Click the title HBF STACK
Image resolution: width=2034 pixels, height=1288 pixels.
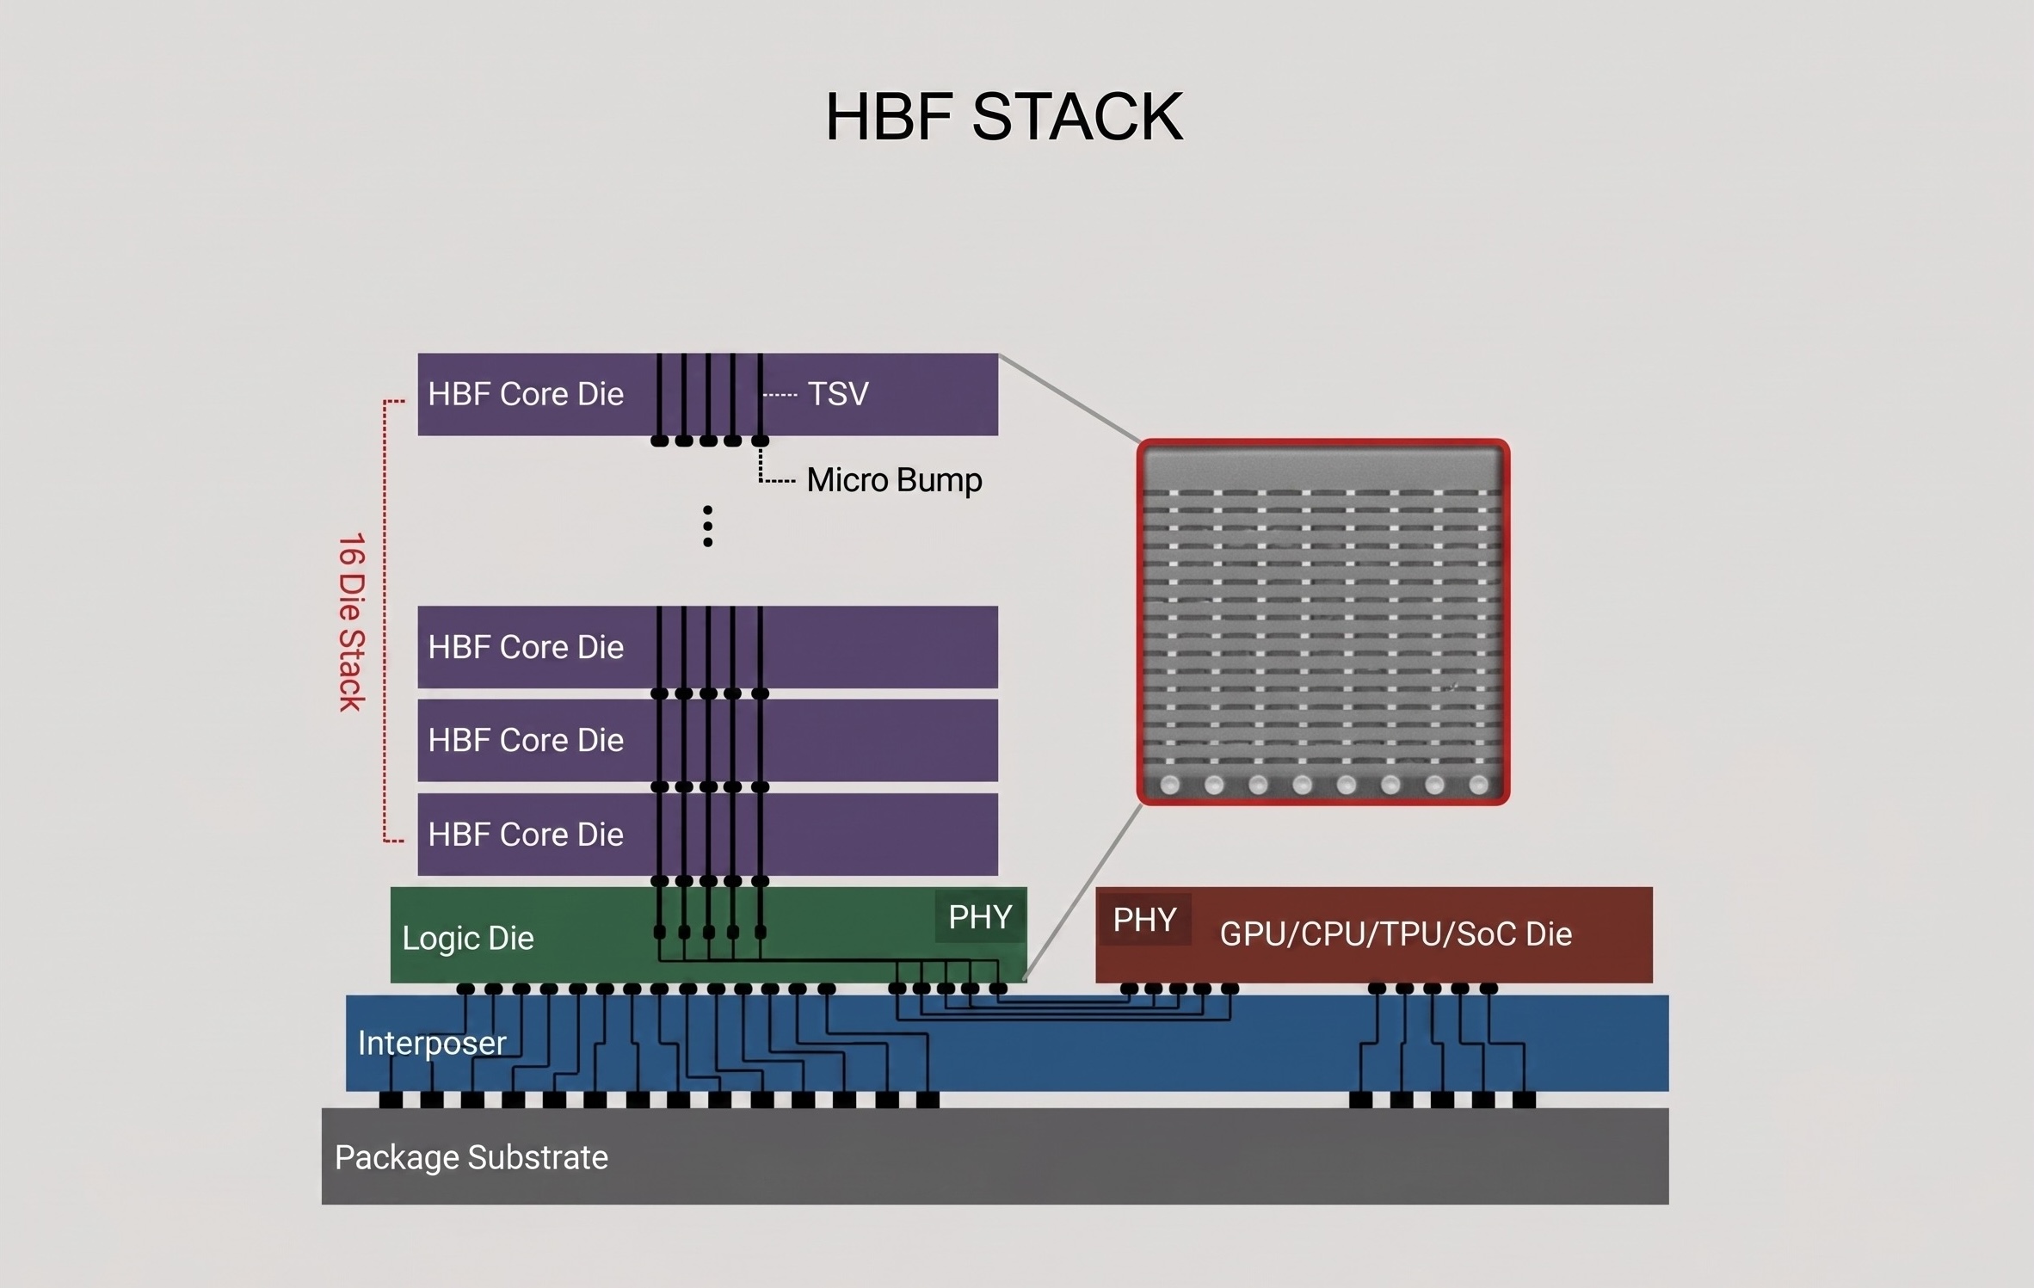point(1004,117)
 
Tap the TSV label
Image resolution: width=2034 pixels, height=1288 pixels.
point(837,394)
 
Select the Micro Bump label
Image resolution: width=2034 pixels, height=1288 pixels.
point(893,480)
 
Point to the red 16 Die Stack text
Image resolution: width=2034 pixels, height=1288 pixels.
point(351,621)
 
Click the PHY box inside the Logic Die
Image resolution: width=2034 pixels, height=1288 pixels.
point(979,917)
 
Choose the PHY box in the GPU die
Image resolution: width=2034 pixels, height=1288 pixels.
point(1144,920)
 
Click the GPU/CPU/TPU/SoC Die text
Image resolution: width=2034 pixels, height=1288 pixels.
point(1396,934)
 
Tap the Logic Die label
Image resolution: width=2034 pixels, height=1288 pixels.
point(467,938)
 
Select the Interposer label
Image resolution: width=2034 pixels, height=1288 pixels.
point(431,1043)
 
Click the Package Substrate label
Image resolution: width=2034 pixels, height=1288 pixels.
point(471,1157)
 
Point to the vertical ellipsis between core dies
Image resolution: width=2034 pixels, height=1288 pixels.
point(707,526)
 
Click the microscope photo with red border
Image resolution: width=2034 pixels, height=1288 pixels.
point(1322,622)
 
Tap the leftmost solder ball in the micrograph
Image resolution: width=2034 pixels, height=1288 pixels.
point(1170,784)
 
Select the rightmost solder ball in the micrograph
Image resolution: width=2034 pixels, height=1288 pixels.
point(1478,784)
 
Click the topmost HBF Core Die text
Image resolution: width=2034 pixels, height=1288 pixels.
point(525,394)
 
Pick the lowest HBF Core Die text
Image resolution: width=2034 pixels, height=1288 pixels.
point(525,834)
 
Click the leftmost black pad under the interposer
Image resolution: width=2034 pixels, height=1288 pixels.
point(391,1100)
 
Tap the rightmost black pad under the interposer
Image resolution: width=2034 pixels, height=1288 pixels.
point(1524,1100)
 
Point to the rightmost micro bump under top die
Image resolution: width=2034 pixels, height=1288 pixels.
point(760,441)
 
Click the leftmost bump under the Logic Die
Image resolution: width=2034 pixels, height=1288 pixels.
point(465,989)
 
